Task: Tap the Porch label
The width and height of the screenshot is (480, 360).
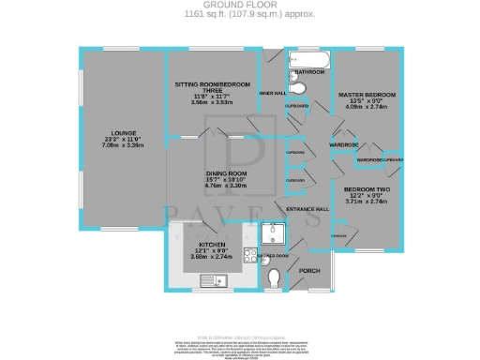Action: (x=309, y=272)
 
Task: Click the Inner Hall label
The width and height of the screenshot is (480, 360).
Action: (x=272, y=93)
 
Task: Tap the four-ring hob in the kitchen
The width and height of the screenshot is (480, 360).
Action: (x=249, y=255)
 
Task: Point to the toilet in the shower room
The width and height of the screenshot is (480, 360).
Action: (x=273, y=278)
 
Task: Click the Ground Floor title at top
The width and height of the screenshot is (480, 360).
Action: (x=240, y=5)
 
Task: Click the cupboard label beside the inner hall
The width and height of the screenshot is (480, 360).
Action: (x=295, y=108)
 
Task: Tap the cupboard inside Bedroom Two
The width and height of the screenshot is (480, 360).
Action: (x=339, y=235)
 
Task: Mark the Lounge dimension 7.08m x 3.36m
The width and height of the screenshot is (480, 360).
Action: (x=121, y=146)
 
